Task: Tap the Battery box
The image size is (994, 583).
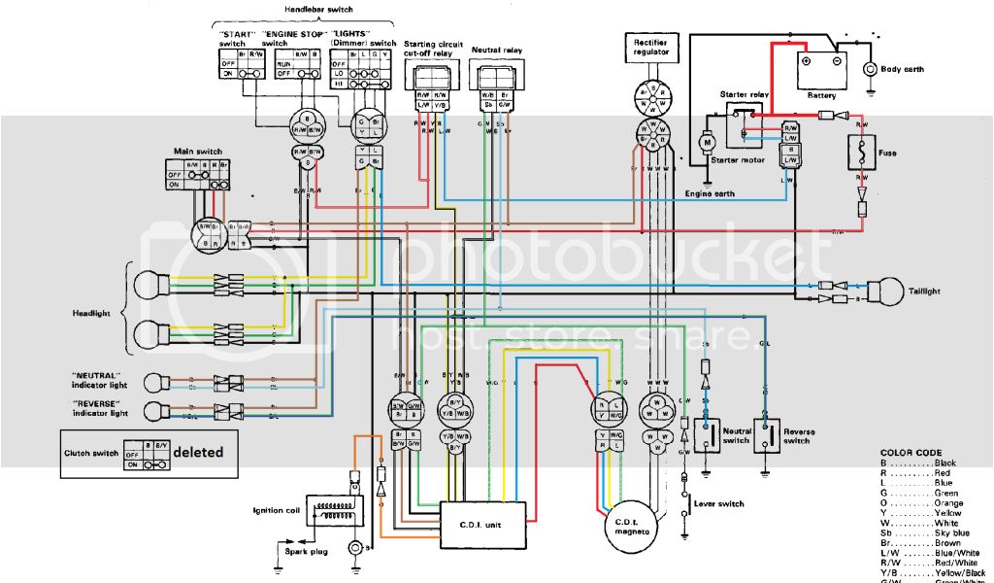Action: [x=821, y=73]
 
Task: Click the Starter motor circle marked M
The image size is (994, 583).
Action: [x=707, y=143]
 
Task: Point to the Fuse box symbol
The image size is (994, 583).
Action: [x=861, y=153]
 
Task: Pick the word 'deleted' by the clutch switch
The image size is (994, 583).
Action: [x=198, y=452]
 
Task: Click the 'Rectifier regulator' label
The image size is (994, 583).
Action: [x=649, y=48]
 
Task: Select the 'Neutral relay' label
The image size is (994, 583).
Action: [x=493, y=48]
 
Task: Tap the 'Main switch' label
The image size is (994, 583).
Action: [x=197, y=152]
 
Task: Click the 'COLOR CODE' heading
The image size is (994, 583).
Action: [x=911, y=452]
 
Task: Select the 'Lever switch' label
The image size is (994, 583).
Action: [x=719, y=503]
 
